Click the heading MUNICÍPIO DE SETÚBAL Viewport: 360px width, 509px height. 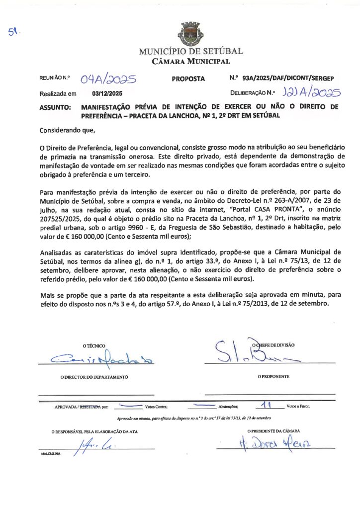click(191, 51)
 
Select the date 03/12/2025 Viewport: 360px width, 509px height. click(107, 93)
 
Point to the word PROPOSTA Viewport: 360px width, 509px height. click(188, 79)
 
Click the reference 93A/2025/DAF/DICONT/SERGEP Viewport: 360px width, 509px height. click(288, 78)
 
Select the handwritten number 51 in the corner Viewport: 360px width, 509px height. click(13, 32)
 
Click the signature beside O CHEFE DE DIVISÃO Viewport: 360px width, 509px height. click(254, 353)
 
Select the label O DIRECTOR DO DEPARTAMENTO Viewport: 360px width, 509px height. click(94, 377)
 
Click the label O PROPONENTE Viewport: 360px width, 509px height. click(273, 377)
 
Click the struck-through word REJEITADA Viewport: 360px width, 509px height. click(90, 407)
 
